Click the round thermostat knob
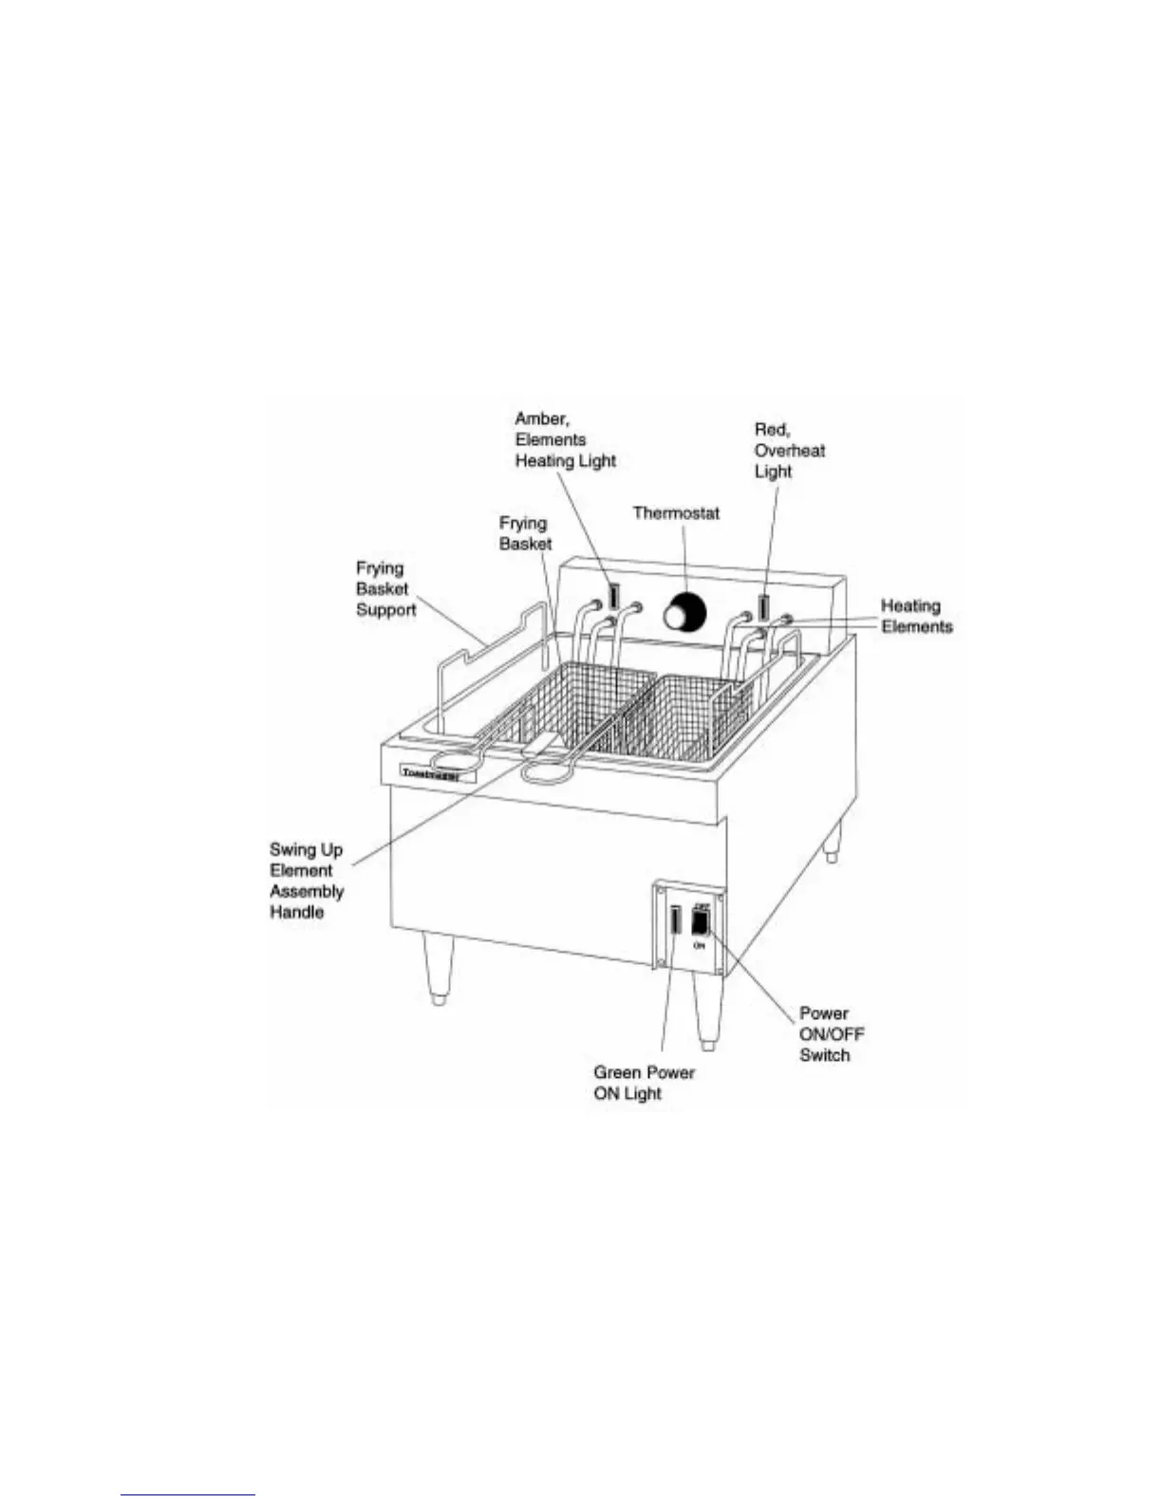(x=680, y=613)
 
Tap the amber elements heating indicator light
(x=614, y=597)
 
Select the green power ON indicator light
(x=675, y=921)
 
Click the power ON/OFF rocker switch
(x=701, y=921)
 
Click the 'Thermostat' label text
(x=676, y=513)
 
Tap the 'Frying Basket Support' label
(x=385, y=589)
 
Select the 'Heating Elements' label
(x=915, y=616)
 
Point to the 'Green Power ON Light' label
(x=644, y=1083)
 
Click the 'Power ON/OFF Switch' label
(x=831, y=1034)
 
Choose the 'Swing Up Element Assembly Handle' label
(x=307, y=881)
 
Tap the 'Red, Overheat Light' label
(x=788, y=451)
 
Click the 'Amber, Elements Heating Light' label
(x=565, y=439)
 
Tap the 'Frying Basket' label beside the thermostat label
(x=525, y=533)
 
